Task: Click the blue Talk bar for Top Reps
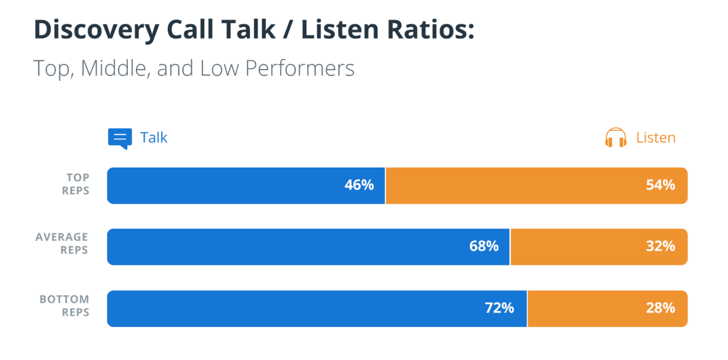227,185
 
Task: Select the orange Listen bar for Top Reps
512,185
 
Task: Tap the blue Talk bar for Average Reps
284,247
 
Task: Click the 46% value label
359,185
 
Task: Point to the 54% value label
660,185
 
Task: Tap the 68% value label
484,246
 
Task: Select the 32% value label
660,246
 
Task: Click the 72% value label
499,308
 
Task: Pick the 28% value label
660,308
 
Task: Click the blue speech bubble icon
119,138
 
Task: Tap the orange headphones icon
615,138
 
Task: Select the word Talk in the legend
154,138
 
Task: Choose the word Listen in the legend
656,138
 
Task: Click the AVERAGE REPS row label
62,243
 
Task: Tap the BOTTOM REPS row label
64,305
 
